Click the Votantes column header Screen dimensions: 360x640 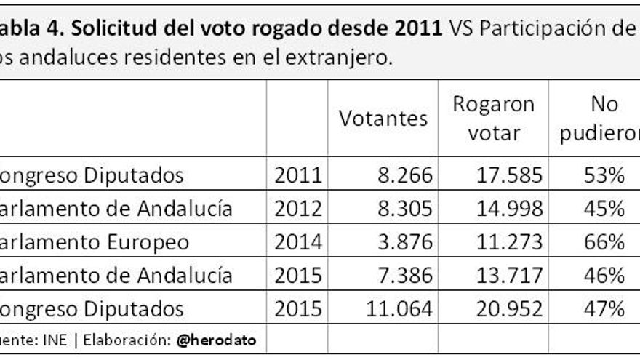click(383, 119)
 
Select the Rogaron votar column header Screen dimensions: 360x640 click(493, 119)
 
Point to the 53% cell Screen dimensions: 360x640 click(604, 175)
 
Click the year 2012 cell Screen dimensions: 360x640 click(297, 209)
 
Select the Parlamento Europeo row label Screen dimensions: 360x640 click(95, 242)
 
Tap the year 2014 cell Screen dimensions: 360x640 click(297, 242)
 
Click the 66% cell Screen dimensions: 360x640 click(604, 242)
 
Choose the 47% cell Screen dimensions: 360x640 click(604, 308)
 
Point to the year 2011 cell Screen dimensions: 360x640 click(297, 175)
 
